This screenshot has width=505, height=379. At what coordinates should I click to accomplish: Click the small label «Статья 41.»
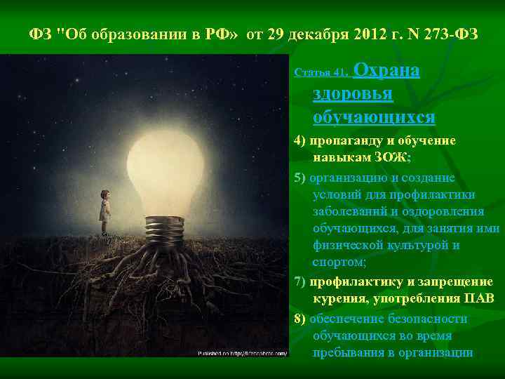click(x=321, y=72)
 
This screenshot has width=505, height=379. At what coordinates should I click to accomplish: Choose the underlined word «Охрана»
click(x=389, y=71)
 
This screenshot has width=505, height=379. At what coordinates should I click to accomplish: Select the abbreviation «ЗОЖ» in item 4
click(x=378, y=158)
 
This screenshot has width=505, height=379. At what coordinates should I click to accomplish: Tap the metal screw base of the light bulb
click(x=165, y=232)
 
